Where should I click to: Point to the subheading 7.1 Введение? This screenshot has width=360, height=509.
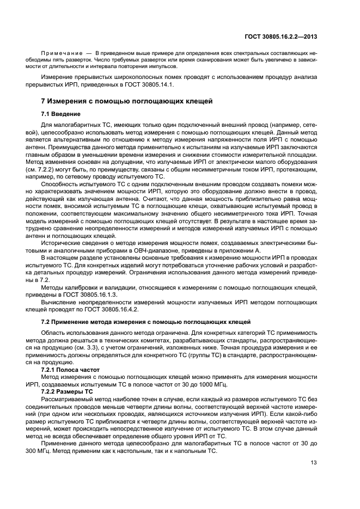(61, 114)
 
